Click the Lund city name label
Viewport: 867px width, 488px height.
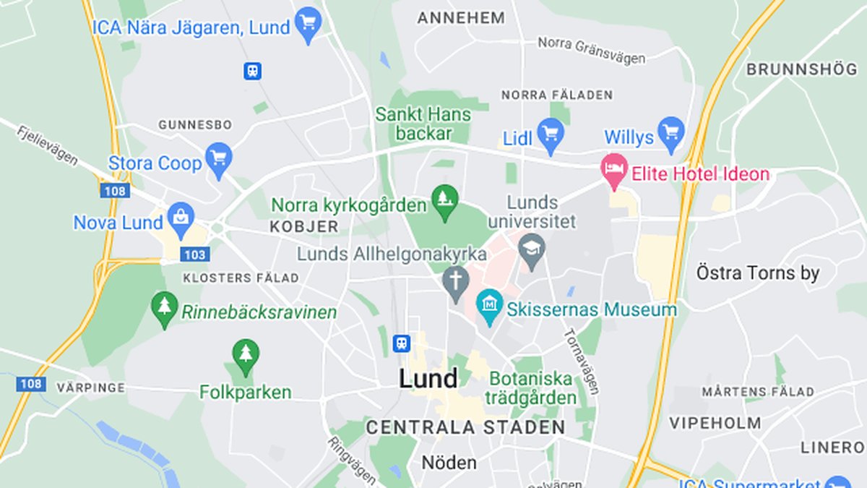pyautogui.click(x=428, y=379)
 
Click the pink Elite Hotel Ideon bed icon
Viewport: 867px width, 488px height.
pyautogui.click(x=614, y=171)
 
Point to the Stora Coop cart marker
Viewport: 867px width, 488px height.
pyautogui.click(x=218, y=160)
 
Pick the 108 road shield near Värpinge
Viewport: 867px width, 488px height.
pyautogui.click(x=31, y=383)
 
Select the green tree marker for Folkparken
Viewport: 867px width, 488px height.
pyautogui.click(x=246, y=356)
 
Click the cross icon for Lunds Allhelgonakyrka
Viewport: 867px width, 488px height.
pyautogui.click(x=455, y=283)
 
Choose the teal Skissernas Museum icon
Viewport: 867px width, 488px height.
pyautogui.click(x=490, y=307)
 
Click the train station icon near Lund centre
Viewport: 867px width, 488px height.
pyautogui.click(x=401, y=343)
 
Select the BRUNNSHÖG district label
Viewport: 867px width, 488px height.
pyautogui.click(x=801, y=69)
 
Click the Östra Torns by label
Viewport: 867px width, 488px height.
pyautogui.click(x=758, y=273)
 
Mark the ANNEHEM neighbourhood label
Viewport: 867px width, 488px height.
pyautogui.click(x=461, y=18)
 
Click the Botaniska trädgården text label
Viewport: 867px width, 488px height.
pyautogui.click(x=530, y=388)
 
